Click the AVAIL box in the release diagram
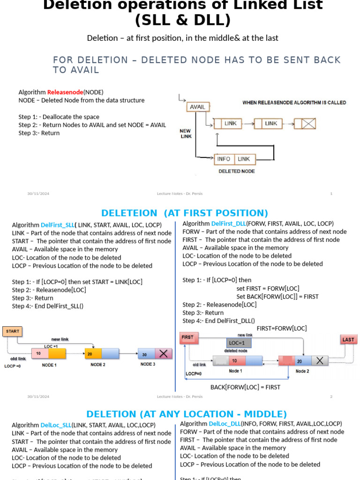click(x=197, y=107)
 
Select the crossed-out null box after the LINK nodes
click(x=308, y=124)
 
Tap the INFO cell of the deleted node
click(x=224, y=159)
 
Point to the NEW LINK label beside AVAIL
click(x=186, y=134)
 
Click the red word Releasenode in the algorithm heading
click(x=65, y=92)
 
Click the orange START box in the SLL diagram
click(x=13, y=331)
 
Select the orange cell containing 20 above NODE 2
click(x=93, y=353)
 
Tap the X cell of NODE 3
click(x=163, y=354)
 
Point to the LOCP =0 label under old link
click(x=13, y=366)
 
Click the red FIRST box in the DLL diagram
click(x=188, y=337)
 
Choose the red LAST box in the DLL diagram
click(x=348, y=340)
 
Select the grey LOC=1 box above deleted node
click(x=239, y=343)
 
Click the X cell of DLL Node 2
click(x=320, y=360)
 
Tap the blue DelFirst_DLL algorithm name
click(x=228, y=224)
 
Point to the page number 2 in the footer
click(x=331, y=397)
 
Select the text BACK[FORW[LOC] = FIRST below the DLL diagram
click(x=245, y=387)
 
